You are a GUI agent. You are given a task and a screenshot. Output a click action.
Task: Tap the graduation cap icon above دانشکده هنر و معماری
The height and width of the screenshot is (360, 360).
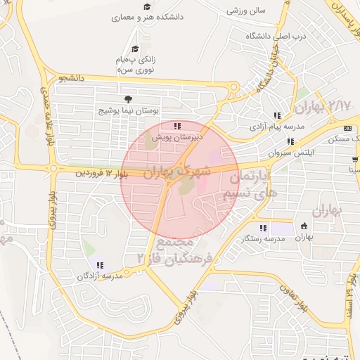[147, 7]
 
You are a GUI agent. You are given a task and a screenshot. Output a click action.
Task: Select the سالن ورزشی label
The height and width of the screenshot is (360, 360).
[246, 12]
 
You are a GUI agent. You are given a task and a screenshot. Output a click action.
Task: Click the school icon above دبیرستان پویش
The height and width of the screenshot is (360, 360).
[167, 127]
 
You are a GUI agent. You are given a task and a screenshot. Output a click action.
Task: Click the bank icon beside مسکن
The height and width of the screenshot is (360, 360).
[347, 128]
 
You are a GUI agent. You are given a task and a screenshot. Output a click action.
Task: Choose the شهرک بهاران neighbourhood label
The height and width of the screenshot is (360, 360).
[177, 171]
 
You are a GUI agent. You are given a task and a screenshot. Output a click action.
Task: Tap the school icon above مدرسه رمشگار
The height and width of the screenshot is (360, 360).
[263, 228]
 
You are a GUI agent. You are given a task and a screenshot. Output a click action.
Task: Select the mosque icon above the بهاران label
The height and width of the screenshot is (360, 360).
[304, 226]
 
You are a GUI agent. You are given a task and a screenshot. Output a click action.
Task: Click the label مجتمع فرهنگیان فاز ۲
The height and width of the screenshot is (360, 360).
[168, 249]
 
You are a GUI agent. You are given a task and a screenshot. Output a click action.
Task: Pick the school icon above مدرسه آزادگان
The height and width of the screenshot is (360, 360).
[100, 265]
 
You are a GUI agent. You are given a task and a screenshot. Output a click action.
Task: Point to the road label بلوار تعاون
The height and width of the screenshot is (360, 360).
[293, 297]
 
